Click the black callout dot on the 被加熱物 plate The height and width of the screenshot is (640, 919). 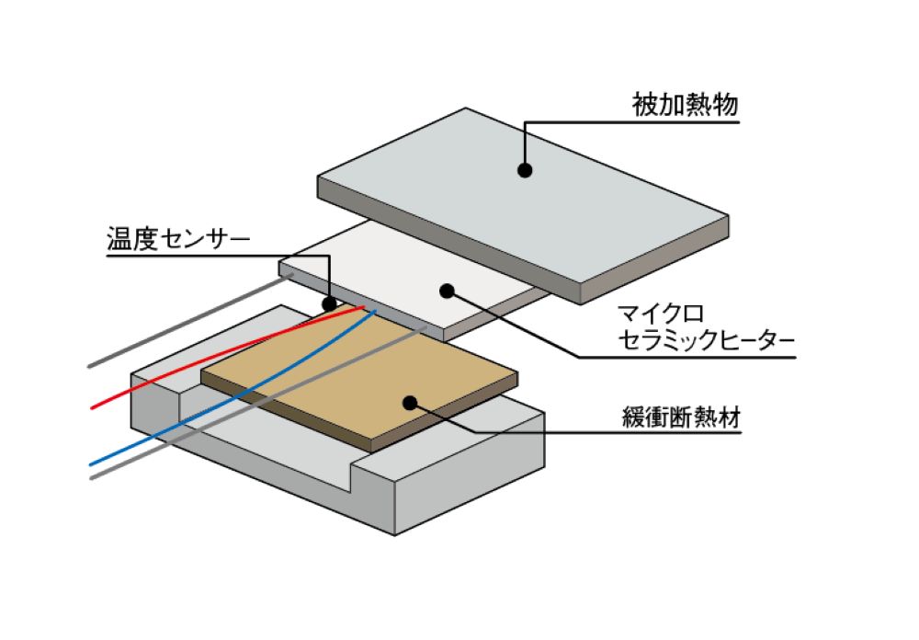pyautogui.click(x=524, y=170)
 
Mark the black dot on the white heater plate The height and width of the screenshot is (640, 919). pyautogui.click(x=447, y=291)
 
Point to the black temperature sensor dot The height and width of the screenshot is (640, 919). pyautogui.click(x=329, y=303)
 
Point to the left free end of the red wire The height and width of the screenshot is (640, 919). pyautogui.click(x=93, y=407)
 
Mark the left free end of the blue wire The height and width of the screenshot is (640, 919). pyautogui.click(x=92, y=463)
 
